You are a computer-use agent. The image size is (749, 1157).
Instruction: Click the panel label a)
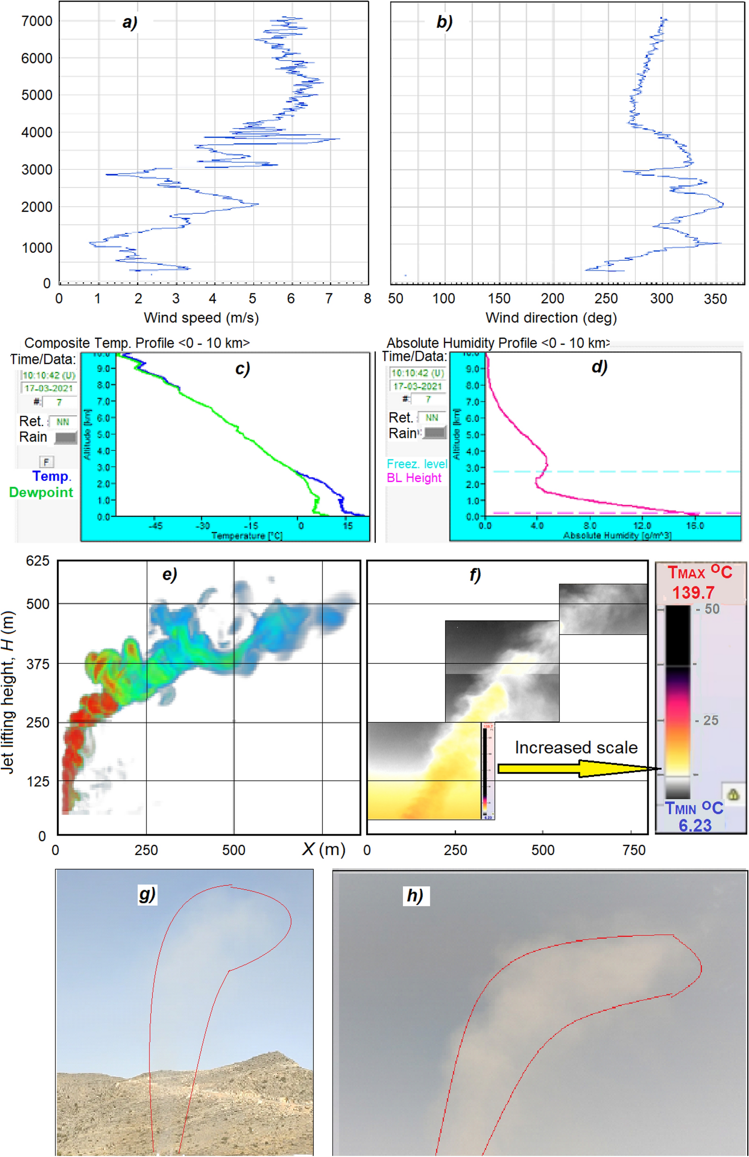point(130,22)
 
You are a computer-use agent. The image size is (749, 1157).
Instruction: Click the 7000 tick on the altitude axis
point(36,21)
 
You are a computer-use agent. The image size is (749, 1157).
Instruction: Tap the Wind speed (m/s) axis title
point(201,318)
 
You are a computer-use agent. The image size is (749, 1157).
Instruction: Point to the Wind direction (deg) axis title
point(551,318)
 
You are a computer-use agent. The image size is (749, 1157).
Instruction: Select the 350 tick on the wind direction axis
point(714,299)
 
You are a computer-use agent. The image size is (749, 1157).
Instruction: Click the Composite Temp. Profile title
point(137,343)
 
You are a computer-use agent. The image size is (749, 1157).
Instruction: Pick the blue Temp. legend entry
point(51,476)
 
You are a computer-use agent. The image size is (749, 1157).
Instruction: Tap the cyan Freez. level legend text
point(417,464)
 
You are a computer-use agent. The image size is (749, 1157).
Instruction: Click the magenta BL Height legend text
point(414,478)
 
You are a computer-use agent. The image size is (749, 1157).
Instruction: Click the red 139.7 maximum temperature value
point(693,592)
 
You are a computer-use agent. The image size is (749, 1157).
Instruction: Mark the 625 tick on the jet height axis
point(37,561)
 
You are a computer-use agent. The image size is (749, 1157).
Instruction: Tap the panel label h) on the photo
point(415,895)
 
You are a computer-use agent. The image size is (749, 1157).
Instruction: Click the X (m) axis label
point(324,849)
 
